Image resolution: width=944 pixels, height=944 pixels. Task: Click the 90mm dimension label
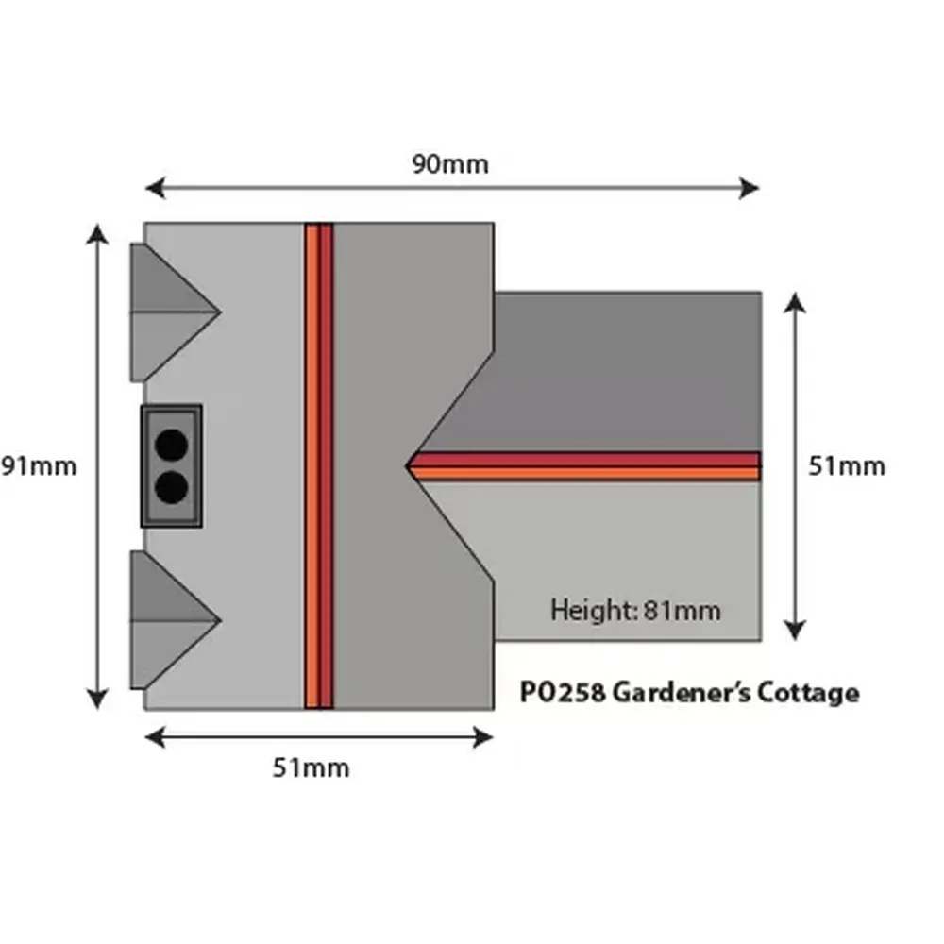click(x=450, y=164)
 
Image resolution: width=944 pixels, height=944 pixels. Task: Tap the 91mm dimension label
click(x=39, y=465)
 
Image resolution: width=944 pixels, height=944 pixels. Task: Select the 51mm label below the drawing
click(x=312, y=768)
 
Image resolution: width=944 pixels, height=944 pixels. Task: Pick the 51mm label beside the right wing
click(x=848, y=465)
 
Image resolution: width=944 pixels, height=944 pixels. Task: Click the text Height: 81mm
click(x=635, y=610)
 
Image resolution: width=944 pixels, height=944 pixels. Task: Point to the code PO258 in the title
click(x=562, y=694)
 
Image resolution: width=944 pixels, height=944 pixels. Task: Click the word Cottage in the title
click(x=811, y=694)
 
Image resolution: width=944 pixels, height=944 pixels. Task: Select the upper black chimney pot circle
click(x=171, y=443)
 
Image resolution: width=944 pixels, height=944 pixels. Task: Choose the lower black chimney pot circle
click(x=171, y=487)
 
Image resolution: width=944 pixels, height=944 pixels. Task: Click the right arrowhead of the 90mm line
click(x=751, y=188)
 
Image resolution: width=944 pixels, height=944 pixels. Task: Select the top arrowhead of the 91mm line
click(x=97, y=232)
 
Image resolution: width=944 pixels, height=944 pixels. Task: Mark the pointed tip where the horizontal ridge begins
click(x=409, y=465)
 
